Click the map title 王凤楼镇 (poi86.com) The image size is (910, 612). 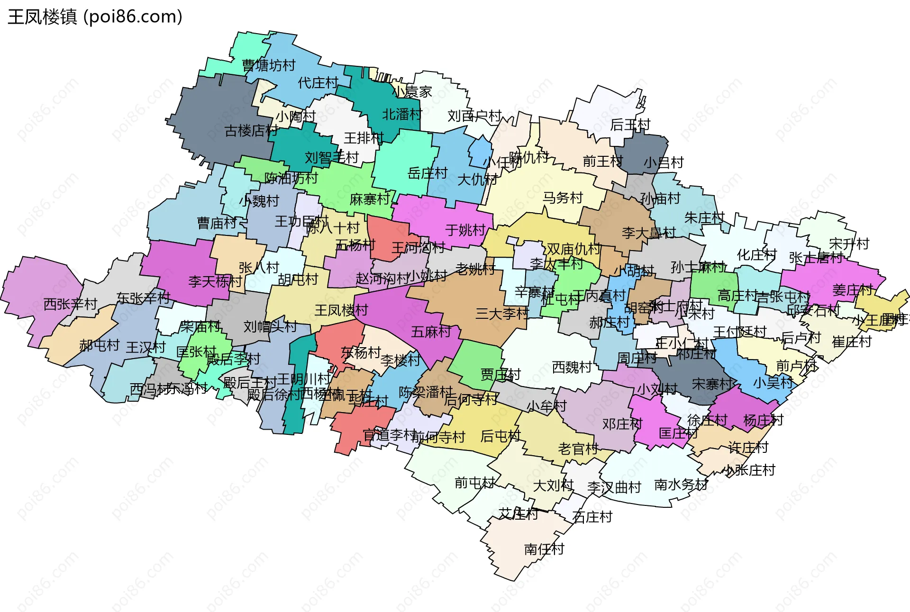click(95, 17)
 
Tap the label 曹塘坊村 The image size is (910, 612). click(268, 65)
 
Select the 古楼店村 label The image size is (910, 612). click(251, 130)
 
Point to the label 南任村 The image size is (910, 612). click(544, 549)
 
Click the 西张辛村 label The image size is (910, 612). click(70, 304)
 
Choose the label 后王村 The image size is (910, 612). click(630, 125)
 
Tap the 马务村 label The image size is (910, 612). click(563, 198)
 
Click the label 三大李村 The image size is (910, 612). click(502, 314)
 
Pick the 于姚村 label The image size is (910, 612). click(465, 231)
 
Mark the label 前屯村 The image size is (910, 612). click(474, 483)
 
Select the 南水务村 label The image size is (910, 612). click(681, 485)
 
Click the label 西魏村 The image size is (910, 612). click(572, 367)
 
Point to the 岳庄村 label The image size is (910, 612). click(428, 173)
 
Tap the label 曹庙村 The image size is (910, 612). click(217, 223)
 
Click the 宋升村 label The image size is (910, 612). click(849, 244)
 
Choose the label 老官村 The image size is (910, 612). click(578, 449)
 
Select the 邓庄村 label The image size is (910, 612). click(622, 424)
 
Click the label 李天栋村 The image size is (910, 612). click(215, 282)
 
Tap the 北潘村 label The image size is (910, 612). click(402, 115)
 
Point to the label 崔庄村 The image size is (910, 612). click(852, 342)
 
